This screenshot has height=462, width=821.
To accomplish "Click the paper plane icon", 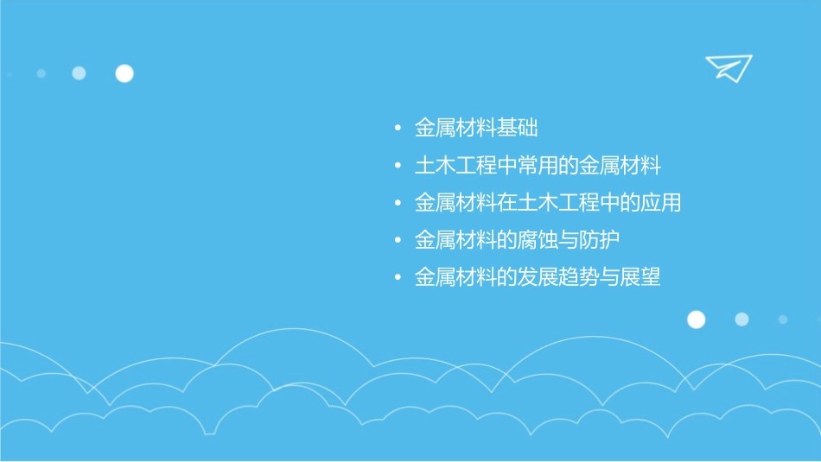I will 728,67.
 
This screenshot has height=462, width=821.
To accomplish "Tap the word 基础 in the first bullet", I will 518,129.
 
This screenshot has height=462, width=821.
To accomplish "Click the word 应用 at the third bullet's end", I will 661,203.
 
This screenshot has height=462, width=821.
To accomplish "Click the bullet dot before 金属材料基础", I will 397,130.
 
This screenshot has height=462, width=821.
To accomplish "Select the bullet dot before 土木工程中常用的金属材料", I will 397,167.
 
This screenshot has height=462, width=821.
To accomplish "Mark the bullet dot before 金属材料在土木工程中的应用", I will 397,204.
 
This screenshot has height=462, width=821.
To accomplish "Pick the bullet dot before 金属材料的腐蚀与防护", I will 397,241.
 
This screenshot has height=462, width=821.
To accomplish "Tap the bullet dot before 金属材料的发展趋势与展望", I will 397,278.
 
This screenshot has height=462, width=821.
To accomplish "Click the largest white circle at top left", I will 124,73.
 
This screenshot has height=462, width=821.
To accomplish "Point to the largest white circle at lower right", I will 696,320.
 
